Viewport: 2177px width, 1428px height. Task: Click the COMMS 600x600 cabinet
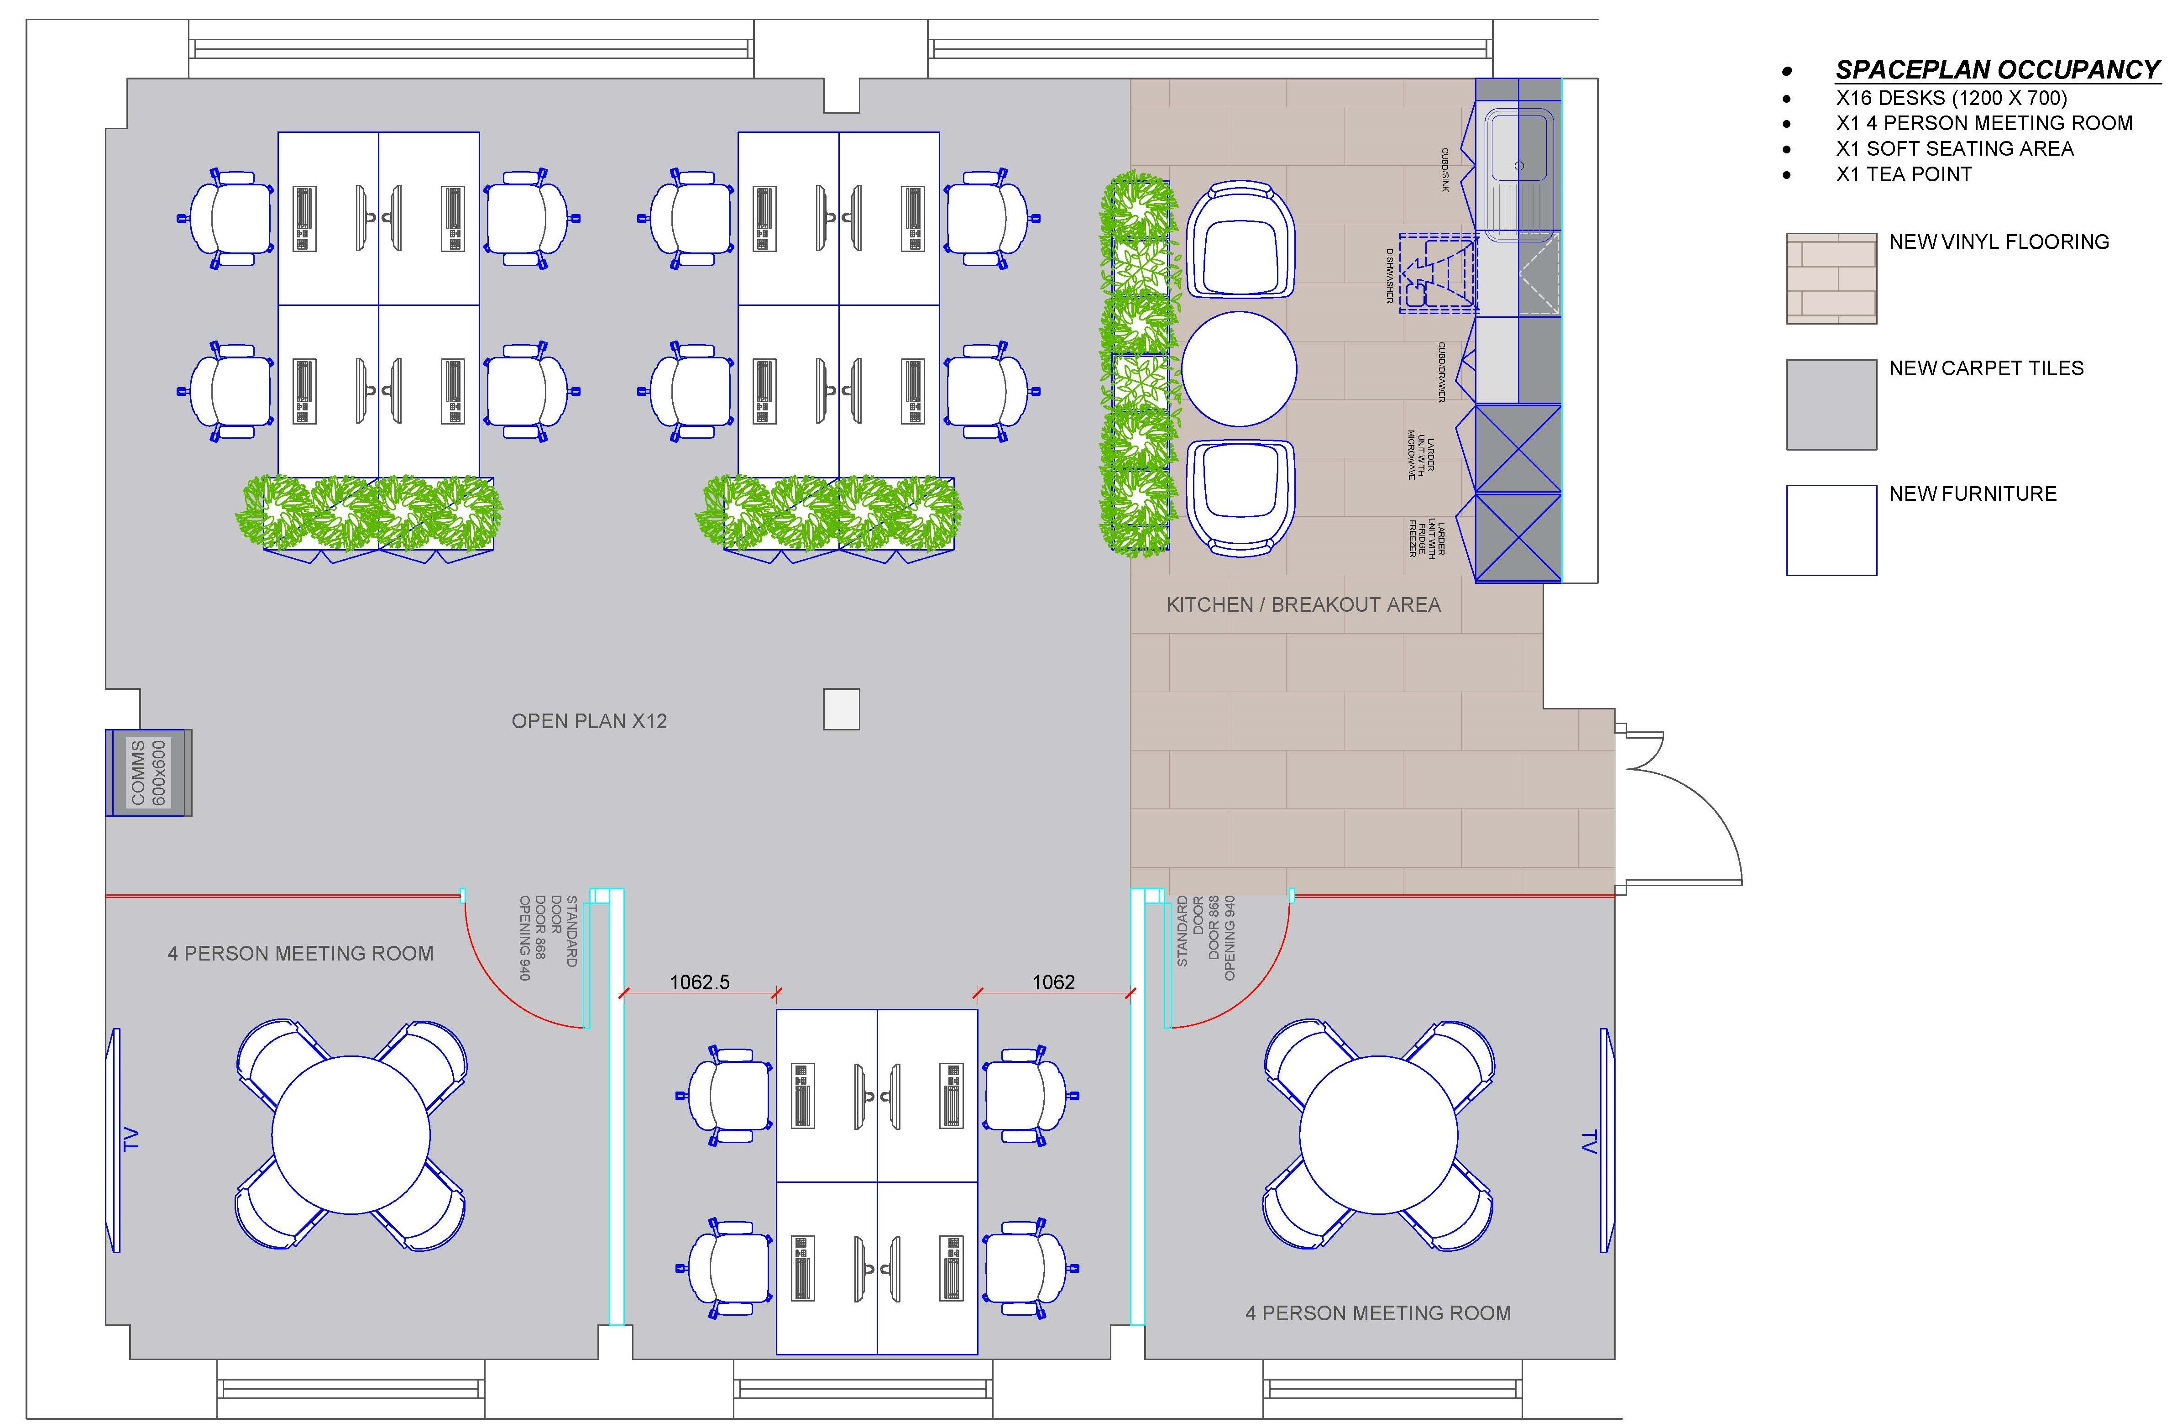point(148,772)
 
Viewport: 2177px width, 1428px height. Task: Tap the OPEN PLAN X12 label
point(589,721)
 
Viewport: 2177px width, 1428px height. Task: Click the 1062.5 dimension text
point(700,982)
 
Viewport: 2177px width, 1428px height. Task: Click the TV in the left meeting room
point(116,1140)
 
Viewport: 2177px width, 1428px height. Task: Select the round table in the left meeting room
point(351,1135)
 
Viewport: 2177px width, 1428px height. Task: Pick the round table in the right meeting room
point(1378,1135)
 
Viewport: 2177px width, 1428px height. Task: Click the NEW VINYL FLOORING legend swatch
point(1831,278)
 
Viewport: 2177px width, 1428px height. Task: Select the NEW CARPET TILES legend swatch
point(1831,404)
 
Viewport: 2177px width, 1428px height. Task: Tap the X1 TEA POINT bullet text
point(1904,174)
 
